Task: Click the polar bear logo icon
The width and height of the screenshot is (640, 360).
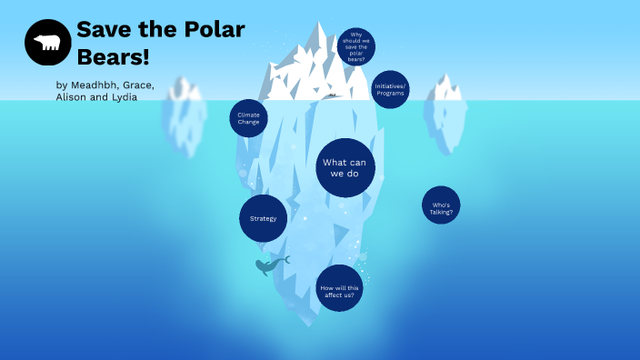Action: tap(48, 43)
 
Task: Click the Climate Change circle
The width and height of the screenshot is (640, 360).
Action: tap(248, 118)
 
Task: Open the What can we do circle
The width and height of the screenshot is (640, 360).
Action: tap(346, 167)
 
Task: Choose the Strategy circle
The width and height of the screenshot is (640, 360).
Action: tap(263, 218)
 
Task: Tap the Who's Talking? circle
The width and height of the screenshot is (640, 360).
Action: tap(441, 205)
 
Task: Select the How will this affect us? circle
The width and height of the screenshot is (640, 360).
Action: tap(338, 289)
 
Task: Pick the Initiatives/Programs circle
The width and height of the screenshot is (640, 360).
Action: tap(390, 89)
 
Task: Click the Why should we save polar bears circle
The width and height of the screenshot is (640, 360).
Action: tap(355, 46)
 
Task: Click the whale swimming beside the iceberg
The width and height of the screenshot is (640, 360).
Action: tap(269, 265)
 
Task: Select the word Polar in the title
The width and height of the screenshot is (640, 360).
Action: tap(211, 29)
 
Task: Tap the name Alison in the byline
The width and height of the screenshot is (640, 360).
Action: tap(72, 97)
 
